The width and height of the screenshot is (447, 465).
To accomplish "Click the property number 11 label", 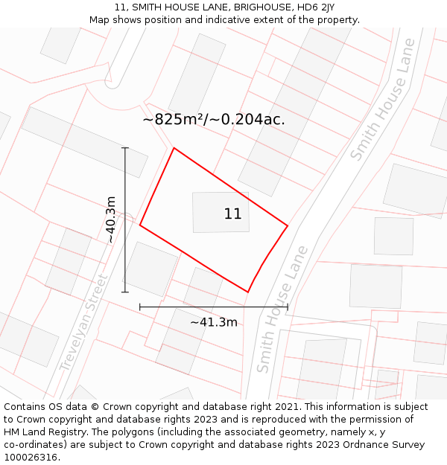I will [x=232, y=214].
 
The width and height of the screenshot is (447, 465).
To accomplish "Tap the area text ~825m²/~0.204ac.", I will [x=214, y=119].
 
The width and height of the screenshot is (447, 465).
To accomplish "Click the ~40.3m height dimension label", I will [x=110, y=219].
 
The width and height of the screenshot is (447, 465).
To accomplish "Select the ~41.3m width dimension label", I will [x=213, y=322].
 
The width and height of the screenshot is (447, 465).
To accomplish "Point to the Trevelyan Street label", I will [x=83, y=324].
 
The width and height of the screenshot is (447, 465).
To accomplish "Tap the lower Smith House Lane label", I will [x=282, y=310].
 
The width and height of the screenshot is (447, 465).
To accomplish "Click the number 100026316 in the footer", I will [x=31, y=458].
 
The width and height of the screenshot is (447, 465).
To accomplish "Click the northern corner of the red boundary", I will [x=174, y=148].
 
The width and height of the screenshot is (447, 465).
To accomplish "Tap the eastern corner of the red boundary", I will [x=288, y=225].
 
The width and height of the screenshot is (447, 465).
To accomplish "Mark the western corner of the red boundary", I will [x=140, y=225].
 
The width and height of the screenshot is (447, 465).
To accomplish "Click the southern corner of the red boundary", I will [x=247, y=292].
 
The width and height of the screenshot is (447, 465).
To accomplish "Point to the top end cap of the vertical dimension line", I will [x=125, y=148].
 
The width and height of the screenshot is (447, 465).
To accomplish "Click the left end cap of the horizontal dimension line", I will [x=140, y=307].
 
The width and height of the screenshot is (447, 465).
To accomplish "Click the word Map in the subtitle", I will [x=100, y=20].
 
